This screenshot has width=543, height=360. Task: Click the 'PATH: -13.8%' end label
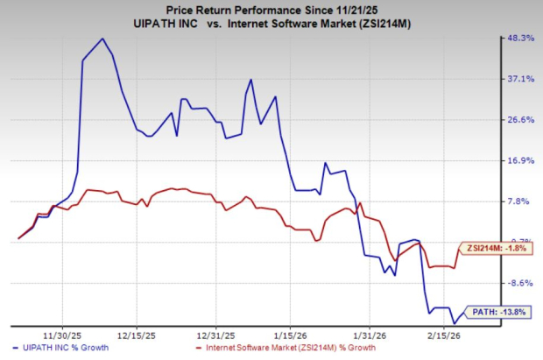point(501,311)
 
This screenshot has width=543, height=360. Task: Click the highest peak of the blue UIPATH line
point(102,39)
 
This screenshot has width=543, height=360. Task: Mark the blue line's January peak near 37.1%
point(251,80)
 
